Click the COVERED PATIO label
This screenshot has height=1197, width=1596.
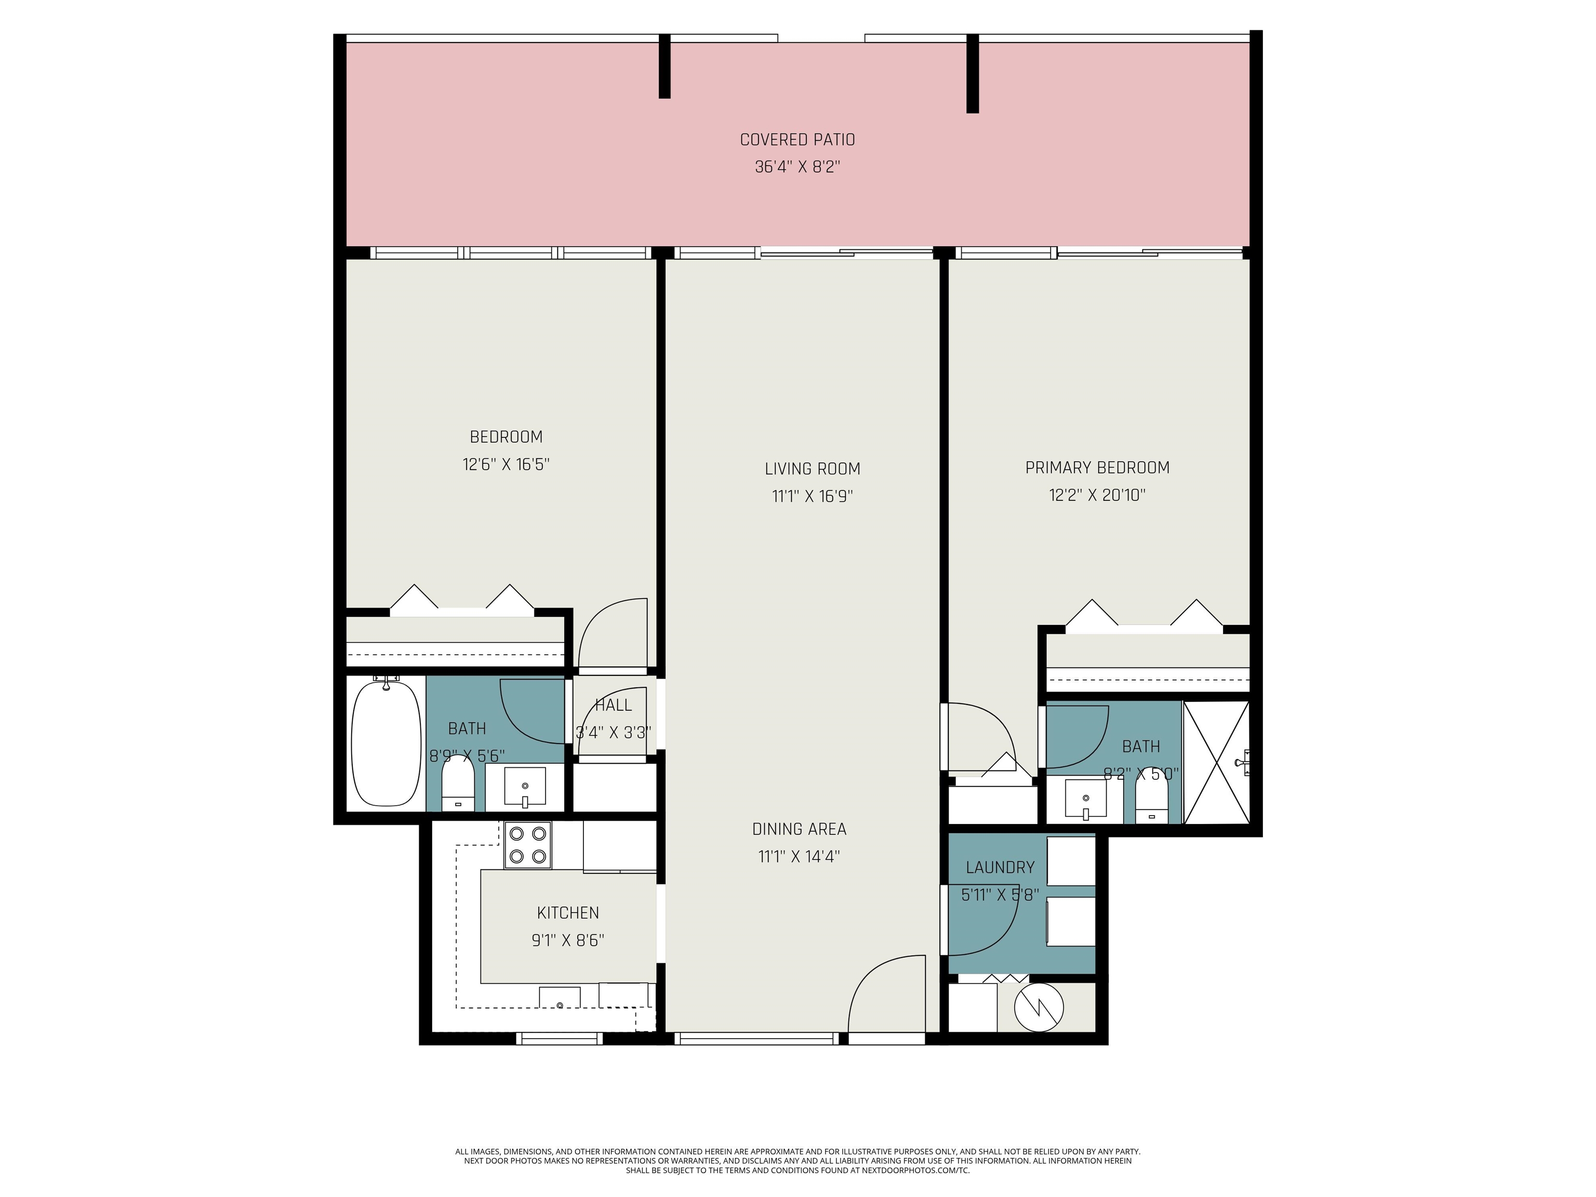[x=797, y=139]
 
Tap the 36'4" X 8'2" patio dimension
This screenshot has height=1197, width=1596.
[x=797, y=167]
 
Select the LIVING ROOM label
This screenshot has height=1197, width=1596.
[x=813, y=469]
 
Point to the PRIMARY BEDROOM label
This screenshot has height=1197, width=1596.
[x=1097, y=468]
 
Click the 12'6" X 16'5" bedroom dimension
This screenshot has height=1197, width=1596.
[x=506, y=464]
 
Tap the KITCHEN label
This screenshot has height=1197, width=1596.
[x=568, y=913]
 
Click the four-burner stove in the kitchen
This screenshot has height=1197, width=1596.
[x=527, y=845]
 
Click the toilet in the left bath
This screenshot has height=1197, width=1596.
[x=457, y=787]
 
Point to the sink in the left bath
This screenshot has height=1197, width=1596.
[x=525, y=787]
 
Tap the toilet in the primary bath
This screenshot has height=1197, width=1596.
[x=1152, y=802]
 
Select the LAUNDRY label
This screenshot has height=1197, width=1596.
[x=1000, y=867]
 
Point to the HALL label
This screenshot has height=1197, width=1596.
[x=613, y=705]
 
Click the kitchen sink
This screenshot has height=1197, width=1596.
[x=560, y=997]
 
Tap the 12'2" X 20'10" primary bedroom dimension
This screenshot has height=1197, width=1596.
[x=1097, y=495]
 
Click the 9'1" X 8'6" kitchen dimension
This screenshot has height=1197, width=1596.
[x=568, y=940]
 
